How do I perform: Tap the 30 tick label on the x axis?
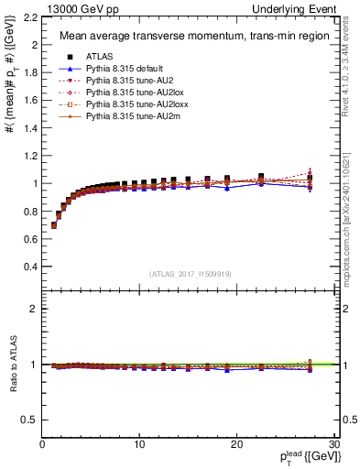(334, 444)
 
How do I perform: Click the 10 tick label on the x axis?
(139, 444)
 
